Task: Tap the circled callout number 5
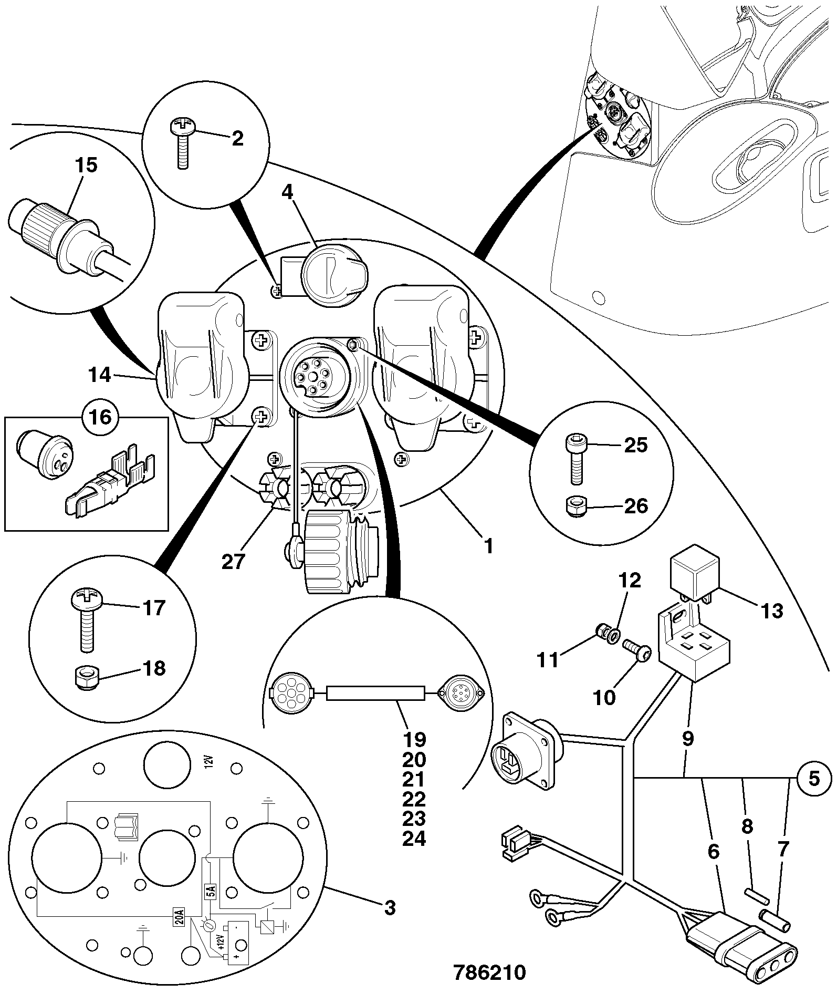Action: [x=813, y=778]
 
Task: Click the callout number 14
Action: [x=99, y=375]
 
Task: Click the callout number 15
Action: [x=86, y=165]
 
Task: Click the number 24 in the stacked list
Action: [x=414, y=838]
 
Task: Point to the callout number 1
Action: [x=488, y=546]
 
